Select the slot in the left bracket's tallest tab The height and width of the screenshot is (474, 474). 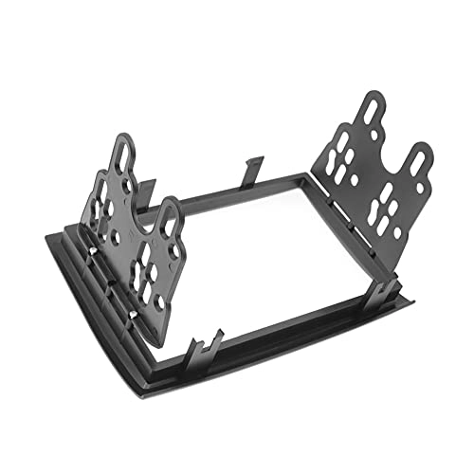click(x=124, y=152)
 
